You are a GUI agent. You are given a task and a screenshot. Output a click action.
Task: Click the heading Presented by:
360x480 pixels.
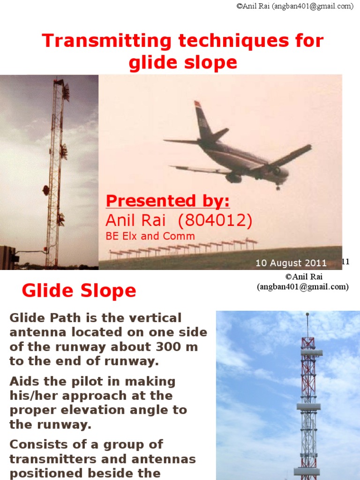click(x=168, y=201)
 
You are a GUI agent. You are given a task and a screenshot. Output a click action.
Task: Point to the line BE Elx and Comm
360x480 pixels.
click(x=150, y=236)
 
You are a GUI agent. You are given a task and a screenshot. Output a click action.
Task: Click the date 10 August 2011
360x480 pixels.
click(x=291, y=263)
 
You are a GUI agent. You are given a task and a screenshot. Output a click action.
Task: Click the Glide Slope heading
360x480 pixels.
click(x=79, y=291)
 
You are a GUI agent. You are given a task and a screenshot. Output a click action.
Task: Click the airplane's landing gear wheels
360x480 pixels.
click(x=278, y=186)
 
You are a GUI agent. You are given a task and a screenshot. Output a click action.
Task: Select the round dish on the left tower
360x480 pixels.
click(x=46, y=190)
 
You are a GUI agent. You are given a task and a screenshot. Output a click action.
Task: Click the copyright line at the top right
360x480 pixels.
click(x=295, y=6)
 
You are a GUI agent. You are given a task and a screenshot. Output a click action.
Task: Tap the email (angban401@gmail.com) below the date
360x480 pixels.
click(x=302, y=287)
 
